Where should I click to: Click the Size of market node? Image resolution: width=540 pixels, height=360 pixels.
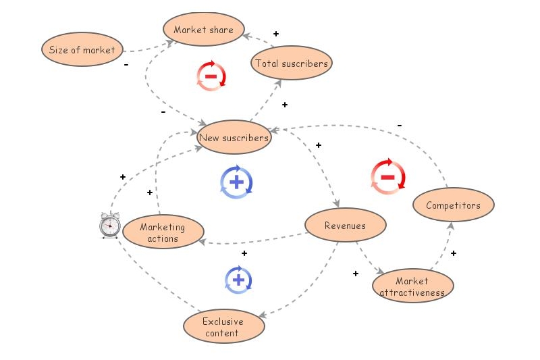pos(82,50)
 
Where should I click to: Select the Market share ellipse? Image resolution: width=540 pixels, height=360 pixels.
pos(203,30)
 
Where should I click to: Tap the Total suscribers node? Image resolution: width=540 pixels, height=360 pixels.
pos(292,63)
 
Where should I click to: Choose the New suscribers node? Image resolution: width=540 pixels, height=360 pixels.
pos(234,138)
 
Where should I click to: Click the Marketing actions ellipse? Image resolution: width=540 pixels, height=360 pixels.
pos(163,232)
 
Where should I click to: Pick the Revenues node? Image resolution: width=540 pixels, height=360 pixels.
pos(345,226)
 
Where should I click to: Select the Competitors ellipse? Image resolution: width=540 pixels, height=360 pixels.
pos(453,205)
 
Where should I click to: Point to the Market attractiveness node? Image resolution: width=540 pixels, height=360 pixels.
pos(412,286)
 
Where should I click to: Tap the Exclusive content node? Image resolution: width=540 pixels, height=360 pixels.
pos(223,327)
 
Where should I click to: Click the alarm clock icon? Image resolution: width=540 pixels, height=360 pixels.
pos(109,225)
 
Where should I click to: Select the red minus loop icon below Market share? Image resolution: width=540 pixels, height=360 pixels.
pos(211,76)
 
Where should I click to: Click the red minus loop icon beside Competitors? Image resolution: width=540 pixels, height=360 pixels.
pos(388,178)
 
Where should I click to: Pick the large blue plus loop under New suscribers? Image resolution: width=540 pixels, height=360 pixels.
pos(236,182)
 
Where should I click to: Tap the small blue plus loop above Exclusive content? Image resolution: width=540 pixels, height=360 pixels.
pos(238,279)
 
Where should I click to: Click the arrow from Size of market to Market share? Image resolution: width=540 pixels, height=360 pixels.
pos(145,49)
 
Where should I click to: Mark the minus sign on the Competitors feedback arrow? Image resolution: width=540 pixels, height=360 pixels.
pos(400,125)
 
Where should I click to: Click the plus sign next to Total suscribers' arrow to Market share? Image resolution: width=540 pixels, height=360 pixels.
pos(275,33)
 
